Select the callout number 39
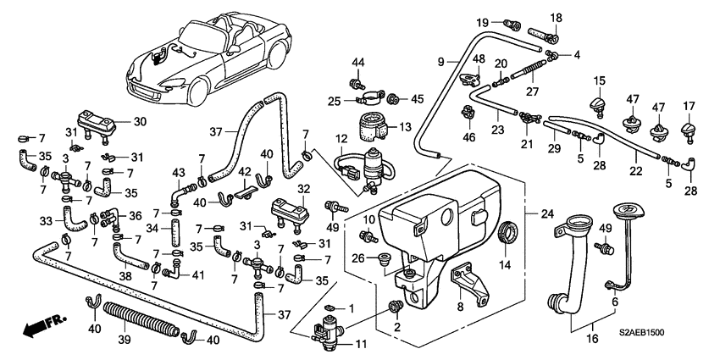point(125,341)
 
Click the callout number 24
point(547,213)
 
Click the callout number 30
point(140,122)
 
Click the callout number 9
point(440,62)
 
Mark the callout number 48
point(479,59)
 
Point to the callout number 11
point(361,343)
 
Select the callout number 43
point(178,173)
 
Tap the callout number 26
point(358,259)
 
